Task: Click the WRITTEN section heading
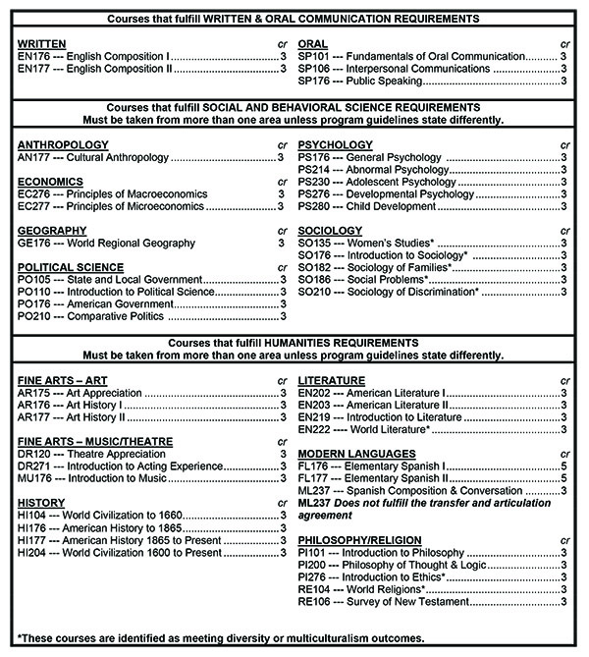click(x=41, y=45)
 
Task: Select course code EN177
click(x=33, y=70)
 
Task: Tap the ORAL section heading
click(x=313, y=45)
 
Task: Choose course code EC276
click(x=34, y=193)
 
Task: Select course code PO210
click(x=34, y=316)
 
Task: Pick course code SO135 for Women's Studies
click(x=314, y=243)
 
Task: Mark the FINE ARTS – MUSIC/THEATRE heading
click(x=96, y=441)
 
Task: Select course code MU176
click(x=35, y=477)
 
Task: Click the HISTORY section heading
click(x=43, y=503)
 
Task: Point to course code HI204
click(x=33, y=552)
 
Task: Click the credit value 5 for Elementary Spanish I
click(x=563, y=465)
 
